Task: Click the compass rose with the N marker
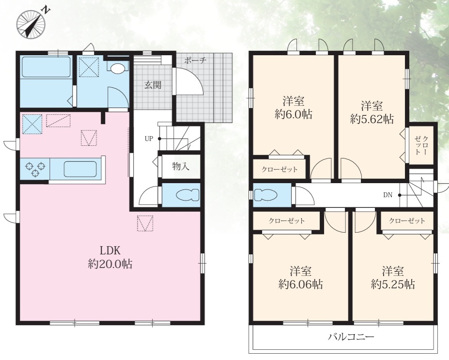pos(31,23)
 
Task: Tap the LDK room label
pos(109,250)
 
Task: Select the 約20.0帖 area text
pos(110,264)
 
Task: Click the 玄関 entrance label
pos(153,85)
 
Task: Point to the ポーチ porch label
pos(195,61)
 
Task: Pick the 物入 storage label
pos(181,166)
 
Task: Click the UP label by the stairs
pos(149,139)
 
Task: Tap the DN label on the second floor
pos(387,195)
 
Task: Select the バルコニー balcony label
pos(351,336)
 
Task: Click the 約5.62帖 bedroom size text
pos(372,119)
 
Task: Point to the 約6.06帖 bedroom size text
pos(301,284)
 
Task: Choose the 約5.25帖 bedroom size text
pos(393,284)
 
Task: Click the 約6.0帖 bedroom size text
pos(294,114)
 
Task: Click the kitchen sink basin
pos(80,169)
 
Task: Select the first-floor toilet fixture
pos(187,195)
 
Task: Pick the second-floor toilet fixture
pos(265,195)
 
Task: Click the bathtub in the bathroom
pos(46,67)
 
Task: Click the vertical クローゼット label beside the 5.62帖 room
pos(421,145)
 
